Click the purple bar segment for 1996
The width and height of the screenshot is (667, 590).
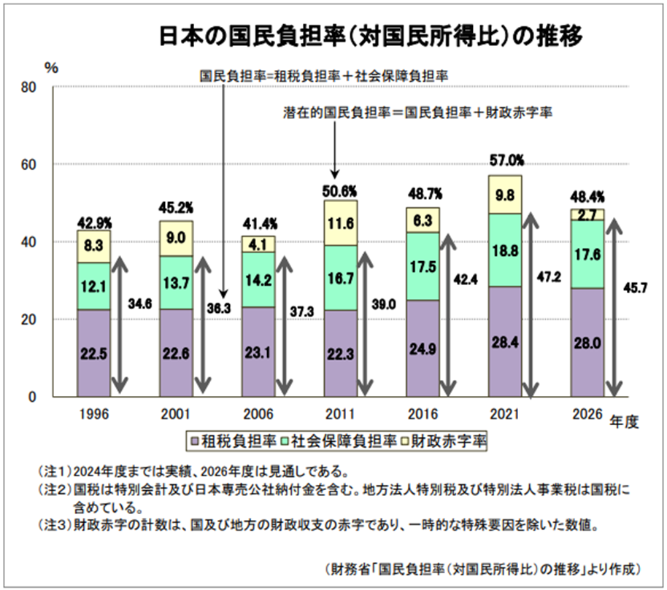(93, 353)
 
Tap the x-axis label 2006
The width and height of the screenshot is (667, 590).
(259, 414)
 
